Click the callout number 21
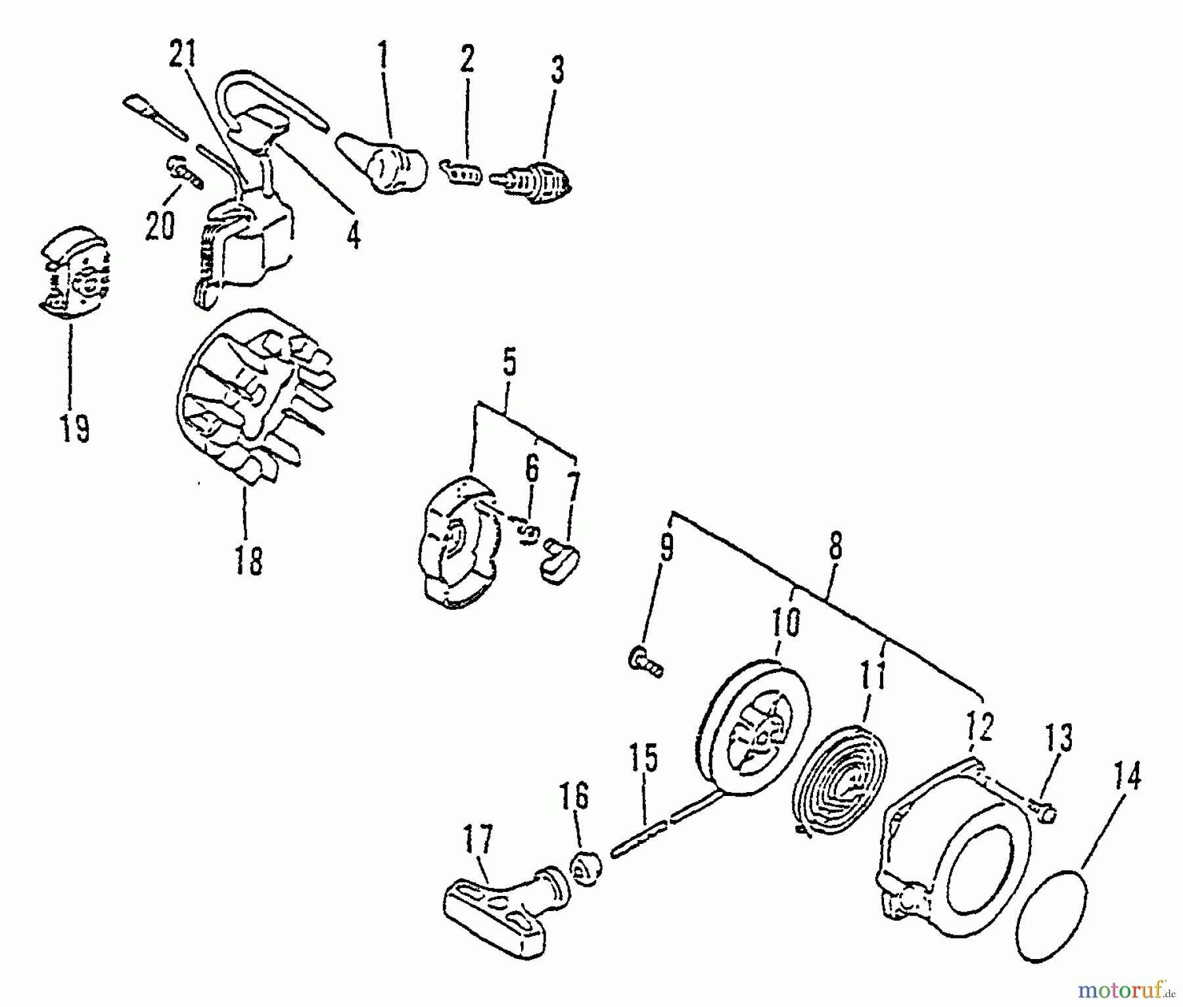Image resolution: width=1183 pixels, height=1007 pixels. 183,57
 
